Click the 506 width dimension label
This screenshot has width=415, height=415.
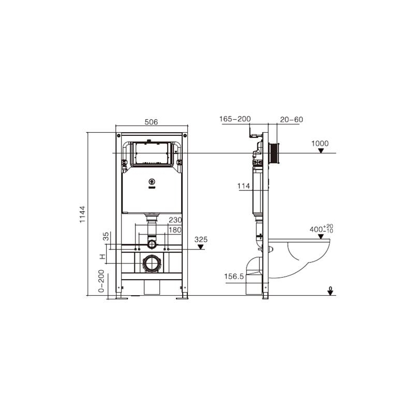click(151, 122)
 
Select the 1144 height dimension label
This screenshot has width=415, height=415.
click(82, 214)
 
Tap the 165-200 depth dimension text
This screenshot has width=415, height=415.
click(235, 119)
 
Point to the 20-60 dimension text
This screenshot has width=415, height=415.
click(292, 120)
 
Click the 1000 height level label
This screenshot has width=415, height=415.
click(320, 144)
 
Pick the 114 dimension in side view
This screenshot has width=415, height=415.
click(243, 186)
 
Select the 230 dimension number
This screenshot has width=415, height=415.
click(175, 220)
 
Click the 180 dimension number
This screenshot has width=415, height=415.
click(175, 230)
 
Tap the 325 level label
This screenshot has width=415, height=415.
click(201, 240)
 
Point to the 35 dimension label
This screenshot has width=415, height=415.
click(106, 236)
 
